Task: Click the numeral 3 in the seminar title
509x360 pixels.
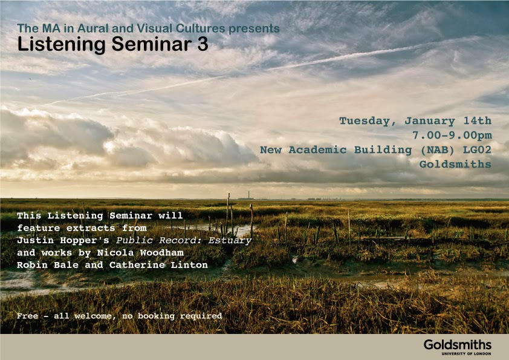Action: (x=203, y=44)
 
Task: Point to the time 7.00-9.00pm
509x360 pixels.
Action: (x=452, y=135)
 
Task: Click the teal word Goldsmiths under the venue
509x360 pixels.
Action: (x=455, y=164)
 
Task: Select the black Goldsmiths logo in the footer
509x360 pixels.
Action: (x=458, y=345)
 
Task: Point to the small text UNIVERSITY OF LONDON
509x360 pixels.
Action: (x=466, y=353)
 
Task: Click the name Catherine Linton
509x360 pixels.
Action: (x=158, y=265)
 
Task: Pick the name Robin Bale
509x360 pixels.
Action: (x=48, y=265)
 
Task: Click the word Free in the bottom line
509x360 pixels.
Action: (x=27, y=315)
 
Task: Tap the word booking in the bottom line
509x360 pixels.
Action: (x=156, y=316)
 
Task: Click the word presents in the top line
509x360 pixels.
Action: (x=254, y=29)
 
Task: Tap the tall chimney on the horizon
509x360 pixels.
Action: (x=248, y=194)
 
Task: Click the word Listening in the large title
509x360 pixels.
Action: (x=61, y=45)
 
